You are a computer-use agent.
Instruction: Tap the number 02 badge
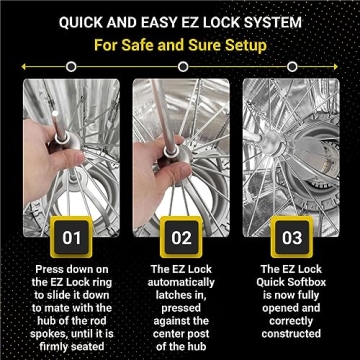coord(180,238)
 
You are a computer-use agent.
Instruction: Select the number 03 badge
coord(290,238)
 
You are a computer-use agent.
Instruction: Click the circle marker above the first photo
coord(70,67)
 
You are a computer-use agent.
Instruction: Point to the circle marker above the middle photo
coord(180,67)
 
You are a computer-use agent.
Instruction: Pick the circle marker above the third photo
coord(290,67)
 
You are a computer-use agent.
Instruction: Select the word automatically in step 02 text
coord(181,283)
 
